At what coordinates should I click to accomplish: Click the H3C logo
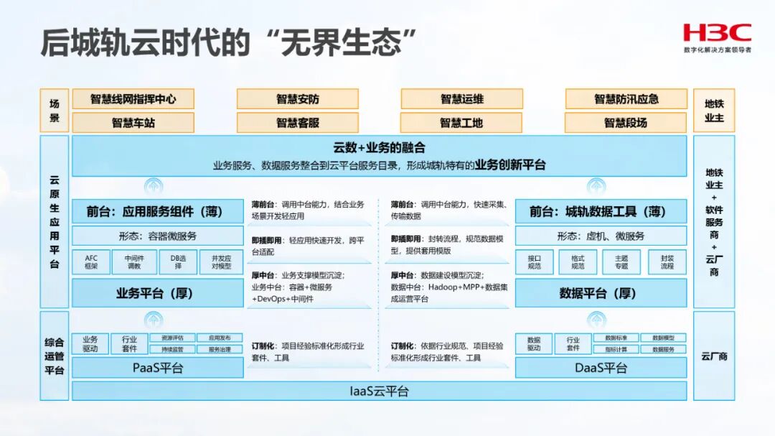(717, 33)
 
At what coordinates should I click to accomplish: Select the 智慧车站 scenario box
(133, 123)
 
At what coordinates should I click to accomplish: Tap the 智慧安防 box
(297, 99)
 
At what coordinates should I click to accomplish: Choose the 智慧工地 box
(461, 123)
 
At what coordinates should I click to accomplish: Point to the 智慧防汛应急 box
(626, 99)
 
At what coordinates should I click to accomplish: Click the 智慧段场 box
(626, 123)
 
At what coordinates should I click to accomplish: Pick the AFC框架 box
(91, 262)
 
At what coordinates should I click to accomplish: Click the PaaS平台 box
(158, 368)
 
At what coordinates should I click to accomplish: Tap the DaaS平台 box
(601, 368)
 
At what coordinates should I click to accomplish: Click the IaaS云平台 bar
(379, 391)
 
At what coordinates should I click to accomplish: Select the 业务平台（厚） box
(158, 293)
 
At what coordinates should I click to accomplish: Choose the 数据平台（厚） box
(601, 293)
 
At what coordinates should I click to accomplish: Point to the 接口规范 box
(534, 262)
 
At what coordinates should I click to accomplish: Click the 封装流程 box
(667, 262)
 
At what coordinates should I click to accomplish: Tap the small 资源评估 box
(172, 338)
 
